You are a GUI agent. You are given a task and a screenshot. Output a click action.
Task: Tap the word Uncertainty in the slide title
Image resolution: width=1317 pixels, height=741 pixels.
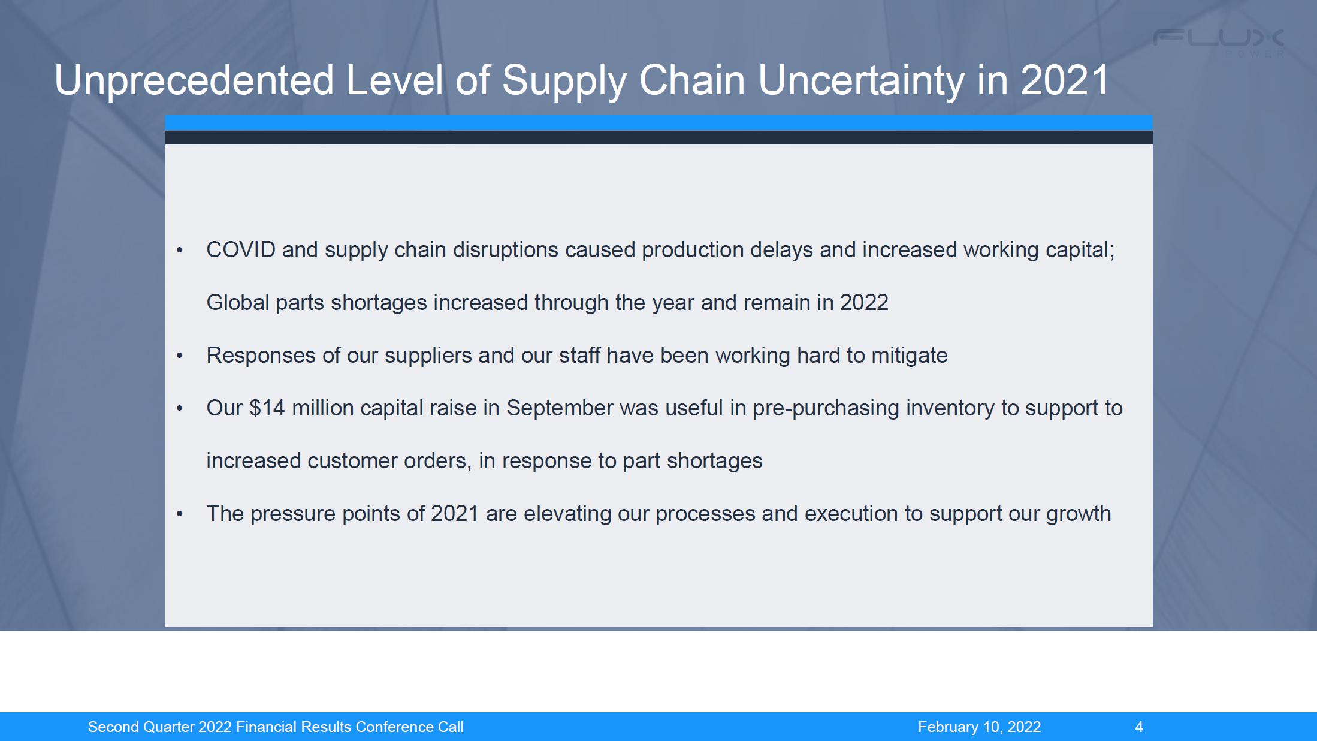pyautogui.click(x=861, y=80)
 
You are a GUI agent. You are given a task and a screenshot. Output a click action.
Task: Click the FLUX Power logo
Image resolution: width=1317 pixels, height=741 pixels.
pyautogui.click(x=1219, y=43)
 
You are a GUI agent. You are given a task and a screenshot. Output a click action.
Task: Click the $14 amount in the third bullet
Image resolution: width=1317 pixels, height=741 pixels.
pyautogui.click(x=267, y=408)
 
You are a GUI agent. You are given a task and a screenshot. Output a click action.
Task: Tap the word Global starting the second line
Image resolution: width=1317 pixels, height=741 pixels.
pyautogui.click(x=238, y=302)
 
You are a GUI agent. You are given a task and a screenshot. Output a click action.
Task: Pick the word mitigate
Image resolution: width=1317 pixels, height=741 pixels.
pyautogui.click(x=910, y=356)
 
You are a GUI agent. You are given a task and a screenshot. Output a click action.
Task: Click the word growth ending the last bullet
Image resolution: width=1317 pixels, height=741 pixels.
pyautogui.click(x=1079, y=514)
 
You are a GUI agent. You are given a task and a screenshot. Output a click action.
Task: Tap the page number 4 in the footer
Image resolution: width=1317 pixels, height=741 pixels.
pyautogui.click(x=1139, y=727)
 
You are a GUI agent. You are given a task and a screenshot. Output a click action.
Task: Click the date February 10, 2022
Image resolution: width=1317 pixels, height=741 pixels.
pyautogui.click(x=980, y=727)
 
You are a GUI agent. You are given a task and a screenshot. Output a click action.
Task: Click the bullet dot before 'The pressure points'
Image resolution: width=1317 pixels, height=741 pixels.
pyautogui.click(x=180, y=514)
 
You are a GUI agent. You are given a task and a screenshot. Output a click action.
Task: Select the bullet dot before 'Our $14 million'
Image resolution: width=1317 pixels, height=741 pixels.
pyautogui.click(x=180, y=408)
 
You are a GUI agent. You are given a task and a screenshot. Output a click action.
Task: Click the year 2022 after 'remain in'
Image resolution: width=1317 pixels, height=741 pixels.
pyautogui.click(x=864, y=302)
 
